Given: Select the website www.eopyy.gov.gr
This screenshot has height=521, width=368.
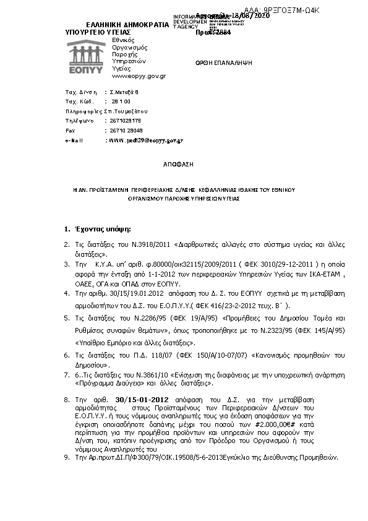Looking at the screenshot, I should click(139, 75).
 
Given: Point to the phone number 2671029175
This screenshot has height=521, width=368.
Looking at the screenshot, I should click(126, 121).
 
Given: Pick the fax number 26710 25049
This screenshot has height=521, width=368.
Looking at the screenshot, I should click(126, 131).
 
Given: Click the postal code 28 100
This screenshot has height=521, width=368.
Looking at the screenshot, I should click(121, 101).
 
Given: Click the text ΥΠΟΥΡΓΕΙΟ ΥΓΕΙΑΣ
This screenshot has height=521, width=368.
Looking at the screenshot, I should click(98, 30).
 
